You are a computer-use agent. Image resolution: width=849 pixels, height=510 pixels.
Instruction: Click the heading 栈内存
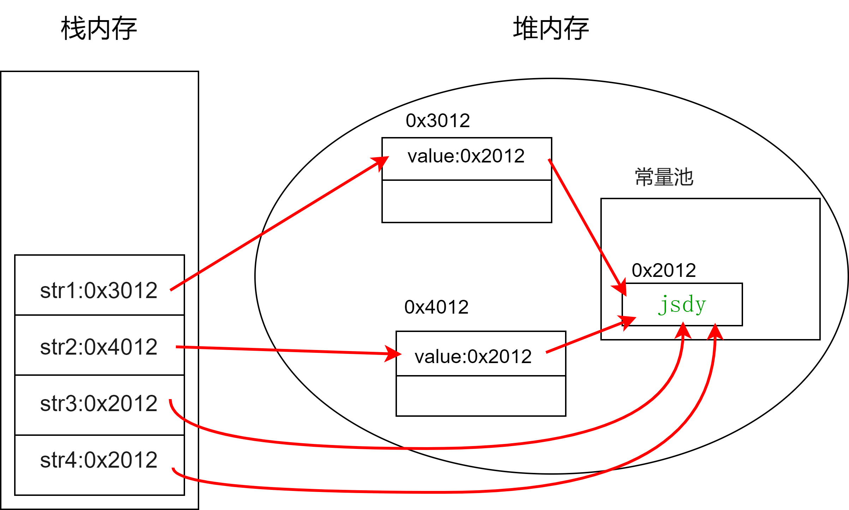(99, 28)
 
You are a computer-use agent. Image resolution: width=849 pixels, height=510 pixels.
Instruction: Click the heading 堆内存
(551, 28)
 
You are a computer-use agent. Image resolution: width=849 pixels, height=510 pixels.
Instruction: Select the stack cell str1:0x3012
(99, 290)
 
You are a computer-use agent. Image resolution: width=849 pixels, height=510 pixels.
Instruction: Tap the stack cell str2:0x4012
(99, 347)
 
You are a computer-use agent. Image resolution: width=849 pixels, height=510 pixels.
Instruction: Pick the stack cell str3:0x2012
(99, 403)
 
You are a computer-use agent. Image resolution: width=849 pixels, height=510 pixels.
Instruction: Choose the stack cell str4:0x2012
(99, 460)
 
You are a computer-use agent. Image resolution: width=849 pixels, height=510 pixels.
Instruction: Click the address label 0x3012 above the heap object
(438, 121)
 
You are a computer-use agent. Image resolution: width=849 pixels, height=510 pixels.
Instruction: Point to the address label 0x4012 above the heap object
(437, 307)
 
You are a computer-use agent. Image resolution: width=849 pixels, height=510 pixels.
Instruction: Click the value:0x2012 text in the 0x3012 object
(466, 156)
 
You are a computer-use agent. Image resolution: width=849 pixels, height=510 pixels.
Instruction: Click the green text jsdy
(682, 304)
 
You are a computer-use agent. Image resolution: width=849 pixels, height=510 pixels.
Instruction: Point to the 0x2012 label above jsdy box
(664, 271)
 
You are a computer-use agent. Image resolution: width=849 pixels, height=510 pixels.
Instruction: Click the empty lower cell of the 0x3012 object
(467, 201)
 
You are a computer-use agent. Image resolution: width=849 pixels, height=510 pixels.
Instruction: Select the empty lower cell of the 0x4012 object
(481, 396)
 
